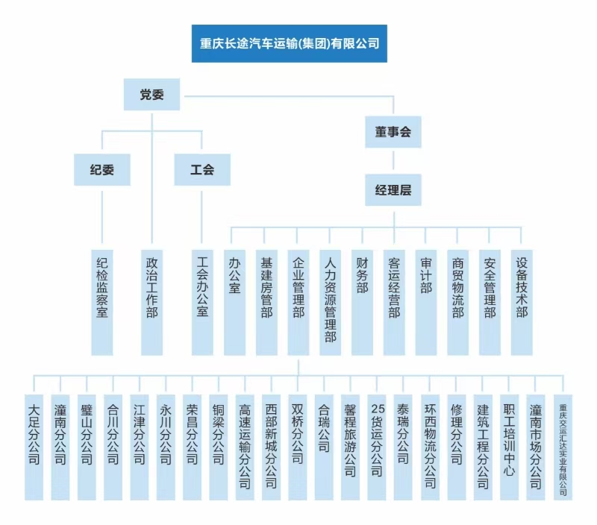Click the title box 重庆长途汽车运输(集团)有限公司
tap(290, 43)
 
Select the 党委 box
tap(151, 95)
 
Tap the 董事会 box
tap(393, 132)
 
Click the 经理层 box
tap(393, 190)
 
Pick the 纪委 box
tap(102, 170)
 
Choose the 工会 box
tap(202, 170)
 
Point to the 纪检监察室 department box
tap(102, 303)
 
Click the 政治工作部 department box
tap(152, 303)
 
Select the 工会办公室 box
tap(202, 303)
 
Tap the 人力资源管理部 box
tap(330, 303)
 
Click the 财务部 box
tap(362, 303)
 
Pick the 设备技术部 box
tap(522, 303)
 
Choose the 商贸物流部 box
tap(457, 303)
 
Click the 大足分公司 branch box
tap(34, 447)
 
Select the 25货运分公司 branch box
tap(377, 447)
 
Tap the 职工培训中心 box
tap(509, 447)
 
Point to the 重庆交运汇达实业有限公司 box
tap(563, 447)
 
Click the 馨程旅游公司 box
tap(350, 447)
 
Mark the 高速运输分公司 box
tap(245, 447)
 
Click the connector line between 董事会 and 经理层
tap(393, 160)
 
